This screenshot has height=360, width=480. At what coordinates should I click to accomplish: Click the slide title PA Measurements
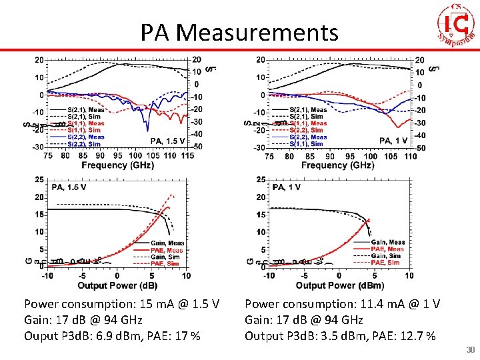(239, 31)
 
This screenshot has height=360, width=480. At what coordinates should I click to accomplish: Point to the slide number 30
(471, 350)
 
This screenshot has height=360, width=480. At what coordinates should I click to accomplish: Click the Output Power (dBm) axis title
(339, 285)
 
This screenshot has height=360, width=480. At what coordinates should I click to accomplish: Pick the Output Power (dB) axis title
(117, 285)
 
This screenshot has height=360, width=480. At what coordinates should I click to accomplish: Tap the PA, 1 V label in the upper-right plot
(393, 141)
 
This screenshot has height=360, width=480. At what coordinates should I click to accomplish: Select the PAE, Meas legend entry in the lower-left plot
(167, 250)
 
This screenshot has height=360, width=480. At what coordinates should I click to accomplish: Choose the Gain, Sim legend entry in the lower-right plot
(387, 256)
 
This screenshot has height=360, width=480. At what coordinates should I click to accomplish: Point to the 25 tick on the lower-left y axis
(39, 179)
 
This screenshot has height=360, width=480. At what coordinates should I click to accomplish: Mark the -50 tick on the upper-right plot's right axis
(421, 147)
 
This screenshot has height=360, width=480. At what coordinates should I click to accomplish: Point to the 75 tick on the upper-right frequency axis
(269, 156)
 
